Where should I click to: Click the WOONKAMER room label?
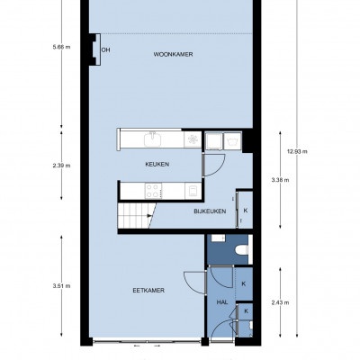[173, 54]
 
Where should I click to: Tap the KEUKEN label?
[157, 164]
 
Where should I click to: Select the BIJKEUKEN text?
[210, 211]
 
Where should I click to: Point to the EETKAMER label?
[148, 291]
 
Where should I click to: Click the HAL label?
[222, 302]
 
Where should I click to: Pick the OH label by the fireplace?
[105, 49]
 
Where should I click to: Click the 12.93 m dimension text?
[297, 151]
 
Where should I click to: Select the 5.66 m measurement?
[61, 47]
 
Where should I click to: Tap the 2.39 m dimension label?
[61, 166]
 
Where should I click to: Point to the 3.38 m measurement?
[280, 180]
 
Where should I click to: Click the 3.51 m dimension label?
[61, 286]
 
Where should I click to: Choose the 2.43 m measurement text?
[280, 302]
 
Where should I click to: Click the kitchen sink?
[153, 139]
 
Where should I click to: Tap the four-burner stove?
[153, 191]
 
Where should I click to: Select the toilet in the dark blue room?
[242, 249]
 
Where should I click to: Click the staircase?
[137, 215]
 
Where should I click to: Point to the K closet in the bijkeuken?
[246, 211]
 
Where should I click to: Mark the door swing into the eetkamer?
[195, 282]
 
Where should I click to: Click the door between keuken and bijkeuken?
[214, 165]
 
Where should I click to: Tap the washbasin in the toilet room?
[219, 238]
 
